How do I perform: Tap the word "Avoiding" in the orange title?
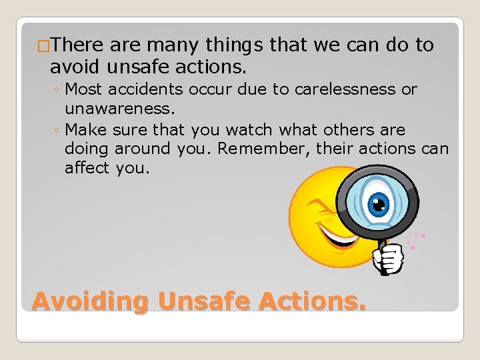click(x=90, y=301)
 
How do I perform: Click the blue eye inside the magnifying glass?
click(x=377, y=201)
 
